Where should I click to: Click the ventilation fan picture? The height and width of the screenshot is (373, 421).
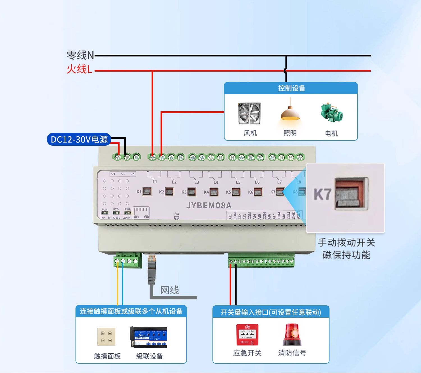point(249,113)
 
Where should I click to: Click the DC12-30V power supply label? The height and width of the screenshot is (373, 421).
point(79,139)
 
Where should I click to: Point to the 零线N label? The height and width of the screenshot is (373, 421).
point(80,55)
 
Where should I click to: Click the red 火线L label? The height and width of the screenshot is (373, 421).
point(79,69)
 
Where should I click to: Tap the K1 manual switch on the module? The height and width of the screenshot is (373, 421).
point(147,192)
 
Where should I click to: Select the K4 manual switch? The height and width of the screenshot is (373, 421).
point(214,192)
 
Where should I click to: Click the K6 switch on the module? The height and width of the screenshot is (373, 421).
point(258,192)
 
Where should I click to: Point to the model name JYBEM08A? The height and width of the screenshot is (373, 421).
point(209,206)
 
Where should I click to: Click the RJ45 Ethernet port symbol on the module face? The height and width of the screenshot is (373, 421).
point(141,213)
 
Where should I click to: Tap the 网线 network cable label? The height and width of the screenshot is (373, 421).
point(170,290)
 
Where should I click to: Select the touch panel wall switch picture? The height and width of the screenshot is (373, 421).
point(106,336)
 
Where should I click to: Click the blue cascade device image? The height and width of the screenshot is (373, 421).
point(148,337)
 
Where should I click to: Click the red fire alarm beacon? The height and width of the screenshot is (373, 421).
point(292,335)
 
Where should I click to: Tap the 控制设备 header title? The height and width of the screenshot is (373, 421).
point(291,88)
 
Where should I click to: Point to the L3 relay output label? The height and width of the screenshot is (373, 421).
point(196,182)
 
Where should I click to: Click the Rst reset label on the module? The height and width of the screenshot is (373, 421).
point(177,214)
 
